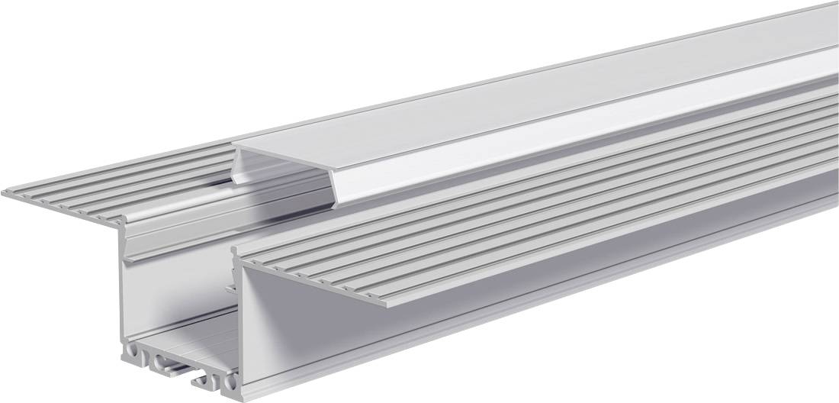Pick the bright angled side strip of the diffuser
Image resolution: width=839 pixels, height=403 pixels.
pos(534,130)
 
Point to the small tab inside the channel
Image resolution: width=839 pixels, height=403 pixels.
pos(230,289)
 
